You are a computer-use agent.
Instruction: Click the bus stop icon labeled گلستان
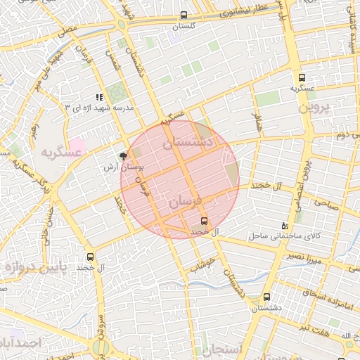[184, 15]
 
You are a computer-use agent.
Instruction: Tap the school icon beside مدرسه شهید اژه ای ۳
[99, 97]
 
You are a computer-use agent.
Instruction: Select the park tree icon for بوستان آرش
[124, 156]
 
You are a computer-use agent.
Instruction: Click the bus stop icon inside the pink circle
[204, 220]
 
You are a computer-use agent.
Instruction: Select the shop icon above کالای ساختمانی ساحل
[284, 226]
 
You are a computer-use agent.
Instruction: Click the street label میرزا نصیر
[304, 257]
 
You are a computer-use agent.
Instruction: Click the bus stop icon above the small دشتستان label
[266, 297]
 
